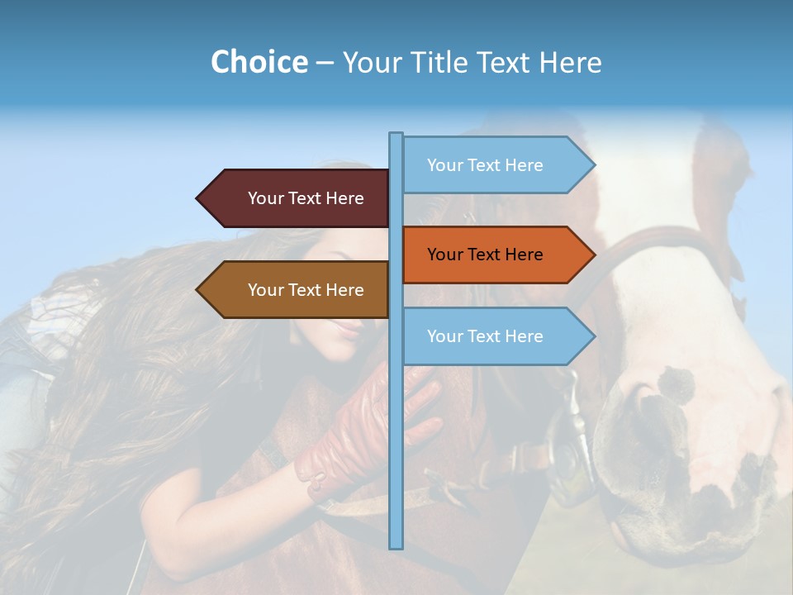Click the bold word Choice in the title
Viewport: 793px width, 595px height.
point(259,62)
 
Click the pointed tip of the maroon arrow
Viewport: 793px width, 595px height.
point(198,198)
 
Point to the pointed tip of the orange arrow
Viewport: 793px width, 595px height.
point(593,255)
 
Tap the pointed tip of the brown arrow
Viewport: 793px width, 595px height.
point(198,290)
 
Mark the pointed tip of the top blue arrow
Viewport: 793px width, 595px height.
point(593,165)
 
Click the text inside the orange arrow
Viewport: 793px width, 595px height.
point(485,255)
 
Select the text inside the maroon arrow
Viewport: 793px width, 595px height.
point(306,198)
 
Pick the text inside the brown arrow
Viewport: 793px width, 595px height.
point(306,290)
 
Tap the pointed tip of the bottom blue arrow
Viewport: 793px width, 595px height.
point(593,336)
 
